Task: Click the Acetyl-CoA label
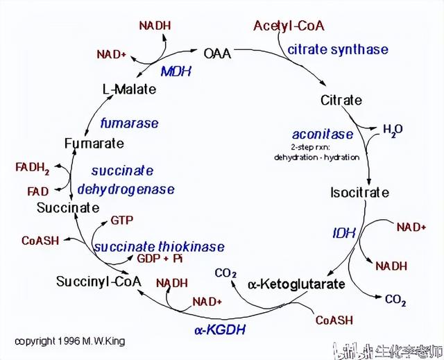[289, 26]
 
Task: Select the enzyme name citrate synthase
[338, 49]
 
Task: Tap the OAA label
[217, 53]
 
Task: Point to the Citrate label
[341, 101]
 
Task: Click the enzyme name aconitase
[323, 135]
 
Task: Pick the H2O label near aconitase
[393, 130]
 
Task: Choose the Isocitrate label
[359, 192]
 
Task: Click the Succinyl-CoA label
[99, 282]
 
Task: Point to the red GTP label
[121, 221]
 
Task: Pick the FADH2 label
[33, 168]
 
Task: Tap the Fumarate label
[94, 144]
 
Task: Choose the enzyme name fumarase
[129, 123]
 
